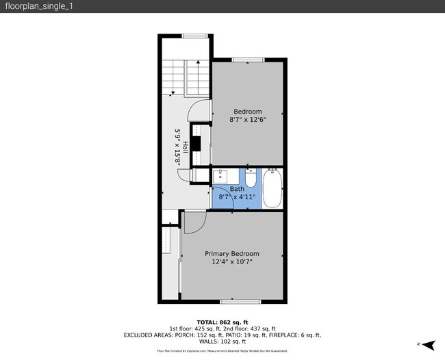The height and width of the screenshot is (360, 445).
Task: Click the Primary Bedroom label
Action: pos(233,253)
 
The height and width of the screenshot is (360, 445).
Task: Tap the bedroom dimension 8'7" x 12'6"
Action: pos(247,119)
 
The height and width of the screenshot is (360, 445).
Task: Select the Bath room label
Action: pos(237,189)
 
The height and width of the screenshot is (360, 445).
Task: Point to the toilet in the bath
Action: pos(251,179)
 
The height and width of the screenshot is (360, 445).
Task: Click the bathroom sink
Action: pos(221,177)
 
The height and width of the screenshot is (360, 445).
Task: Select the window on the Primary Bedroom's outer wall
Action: pos(240,301)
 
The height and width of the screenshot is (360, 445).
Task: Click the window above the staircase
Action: pos(195,36)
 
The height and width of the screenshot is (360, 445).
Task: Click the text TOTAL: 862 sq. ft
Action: pos(222,322)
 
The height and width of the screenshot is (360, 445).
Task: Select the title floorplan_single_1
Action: pos(30,6)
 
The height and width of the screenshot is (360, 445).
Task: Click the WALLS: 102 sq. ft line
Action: pos(222,342)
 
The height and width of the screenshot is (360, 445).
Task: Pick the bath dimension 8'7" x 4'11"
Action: pos(237,197)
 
